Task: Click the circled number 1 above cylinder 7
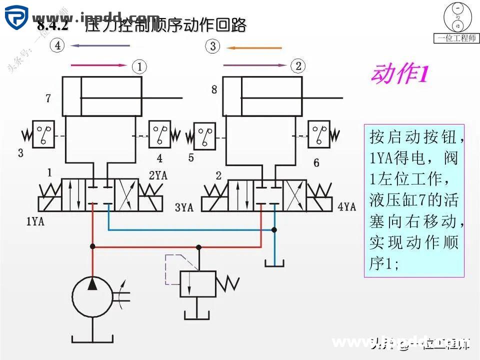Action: (x=139, y=66)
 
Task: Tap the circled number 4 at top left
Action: (x=58, y=45)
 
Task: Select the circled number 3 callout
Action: (x=213, y=47)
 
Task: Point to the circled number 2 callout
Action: (x=298, y=66)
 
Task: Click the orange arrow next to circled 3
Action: (x=253, y=47)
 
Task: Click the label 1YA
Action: (x=35, y=221)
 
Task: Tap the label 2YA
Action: (x=158, y=175)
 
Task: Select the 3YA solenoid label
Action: (x=184, y=207)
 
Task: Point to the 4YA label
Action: (x=347, y=206)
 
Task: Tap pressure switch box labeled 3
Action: (x=43, y=134)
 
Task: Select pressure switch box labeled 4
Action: (x=160, y=134)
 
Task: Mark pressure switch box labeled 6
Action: (x=319, y=134)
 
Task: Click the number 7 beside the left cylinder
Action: (x=48, y=98)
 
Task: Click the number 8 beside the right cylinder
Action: (x=214, y=89)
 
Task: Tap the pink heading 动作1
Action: (x=398, y=75)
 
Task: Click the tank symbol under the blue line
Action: (x=274, y=263)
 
